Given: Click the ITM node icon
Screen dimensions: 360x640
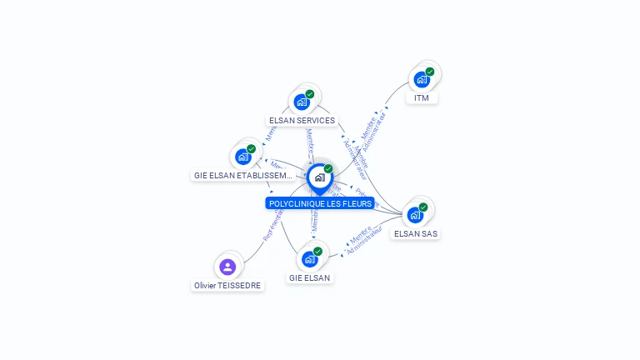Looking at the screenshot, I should click(x=422, y=80).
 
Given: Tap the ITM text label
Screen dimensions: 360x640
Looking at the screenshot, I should click(x=422, y=98).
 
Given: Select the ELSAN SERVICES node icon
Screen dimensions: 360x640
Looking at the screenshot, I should click(x=302, y=102).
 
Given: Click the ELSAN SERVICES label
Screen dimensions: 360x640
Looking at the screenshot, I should click(x=302, y=120).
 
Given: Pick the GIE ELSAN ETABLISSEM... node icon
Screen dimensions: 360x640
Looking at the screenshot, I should click(x=243, y=157).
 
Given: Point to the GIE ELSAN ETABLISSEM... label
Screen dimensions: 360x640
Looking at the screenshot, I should click(x=243, y=176).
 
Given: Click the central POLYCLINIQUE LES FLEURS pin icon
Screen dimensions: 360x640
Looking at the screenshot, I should click(x=319, y=177).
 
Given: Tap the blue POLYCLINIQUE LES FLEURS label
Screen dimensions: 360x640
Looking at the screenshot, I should click(x=320, y=203).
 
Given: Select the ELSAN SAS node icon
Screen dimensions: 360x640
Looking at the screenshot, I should click(x=415, y=215).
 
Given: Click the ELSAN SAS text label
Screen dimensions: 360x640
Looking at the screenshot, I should click(x=415, y=233).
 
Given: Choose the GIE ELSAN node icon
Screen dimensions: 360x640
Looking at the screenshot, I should click(x=309, y=259).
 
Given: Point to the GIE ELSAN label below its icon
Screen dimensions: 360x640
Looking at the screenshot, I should click(x=309, y=277).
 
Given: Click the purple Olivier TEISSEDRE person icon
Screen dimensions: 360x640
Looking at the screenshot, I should click(x=227, y=267).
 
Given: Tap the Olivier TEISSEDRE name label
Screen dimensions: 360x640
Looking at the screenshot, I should click(x=227, y=285).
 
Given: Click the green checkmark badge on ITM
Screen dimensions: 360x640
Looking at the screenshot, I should click(x=430, y=72).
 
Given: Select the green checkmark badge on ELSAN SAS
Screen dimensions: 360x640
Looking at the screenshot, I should click(x=423, y=207).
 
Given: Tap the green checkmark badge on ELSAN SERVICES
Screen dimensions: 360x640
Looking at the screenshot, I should click(x=310, y=94).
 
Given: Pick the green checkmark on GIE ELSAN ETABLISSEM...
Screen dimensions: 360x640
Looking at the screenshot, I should click(x=252, y=149).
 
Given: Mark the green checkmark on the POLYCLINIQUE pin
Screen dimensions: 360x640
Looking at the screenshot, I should click(x=328, y=168).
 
